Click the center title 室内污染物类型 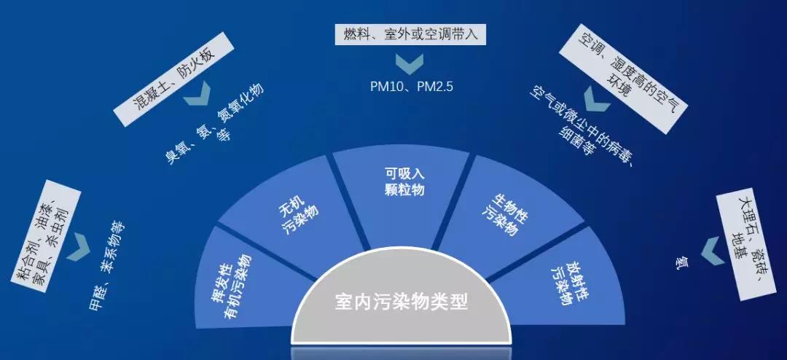[x=402, y=302]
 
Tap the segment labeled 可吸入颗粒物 [x=402, y=193]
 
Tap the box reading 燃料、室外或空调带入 [x=411, y=35]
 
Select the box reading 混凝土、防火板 [x=173, y=79]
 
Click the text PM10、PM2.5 [x=412, y=87]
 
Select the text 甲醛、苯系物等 [x=107, y=265]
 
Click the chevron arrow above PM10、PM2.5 [x=410, y=64]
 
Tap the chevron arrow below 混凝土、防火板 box [x=196, y=95]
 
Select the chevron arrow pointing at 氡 [x=712, y=251]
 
